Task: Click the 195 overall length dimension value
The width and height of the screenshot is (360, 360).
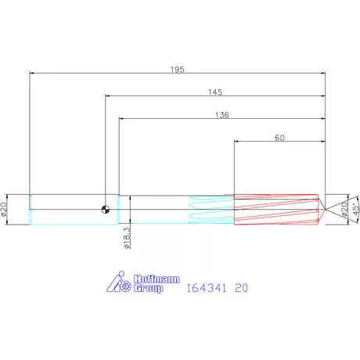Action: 178,70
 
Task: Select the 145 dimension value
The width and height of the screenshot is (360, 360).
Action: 215,92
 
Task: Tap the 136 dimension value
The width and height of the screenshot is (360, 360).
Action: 222,115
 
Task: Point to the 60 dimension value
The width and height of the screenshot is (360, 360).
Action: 279,138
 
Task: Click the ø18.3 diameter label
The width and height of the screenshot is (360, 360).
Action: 127,238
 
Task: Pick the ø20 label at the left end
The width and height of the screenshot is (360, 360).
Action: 4,209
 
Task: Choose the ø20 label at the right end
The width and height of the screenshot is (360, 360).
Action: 344,210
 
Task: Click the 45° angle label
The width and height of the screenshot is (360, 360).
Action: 355,209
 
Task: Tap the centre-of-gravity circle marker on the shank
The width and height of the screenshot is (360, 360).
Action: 106,209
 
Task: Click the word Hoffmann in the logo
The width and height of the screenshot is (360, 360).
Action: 157,279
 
